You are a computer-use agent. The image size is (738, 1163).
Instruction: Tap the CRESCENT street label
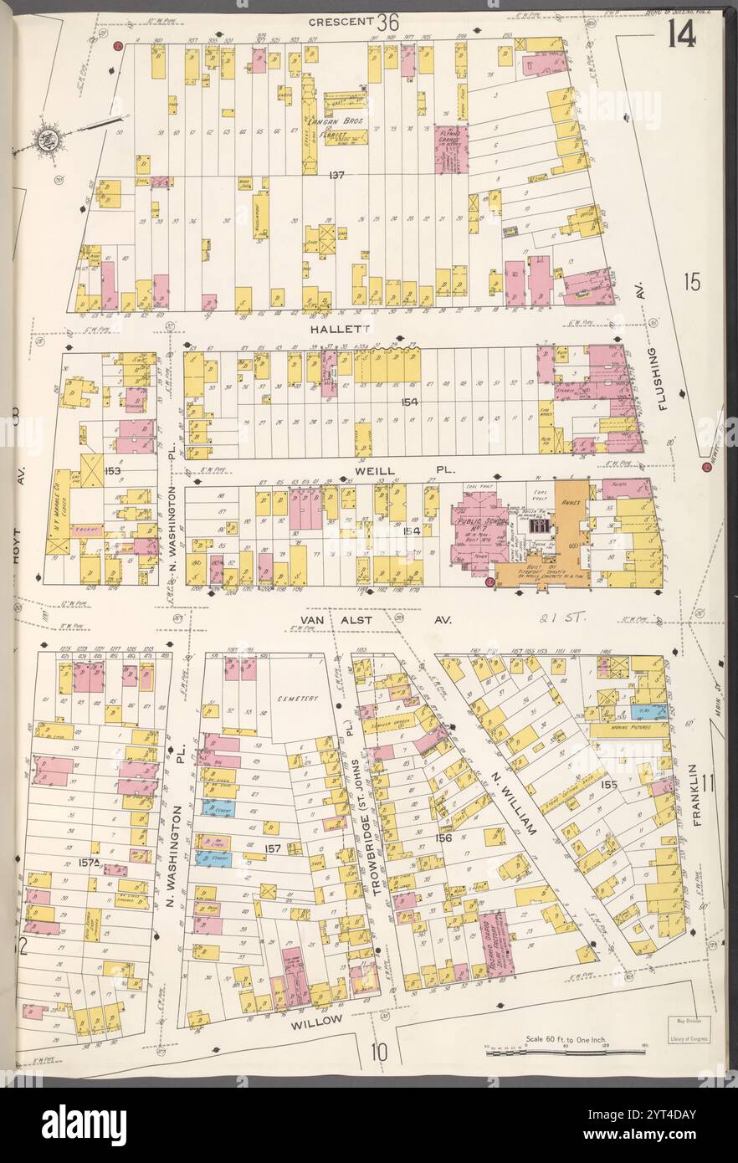(340, 21)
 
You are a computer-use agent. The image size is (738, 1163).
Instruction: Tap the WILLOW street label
(316, 1021)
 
